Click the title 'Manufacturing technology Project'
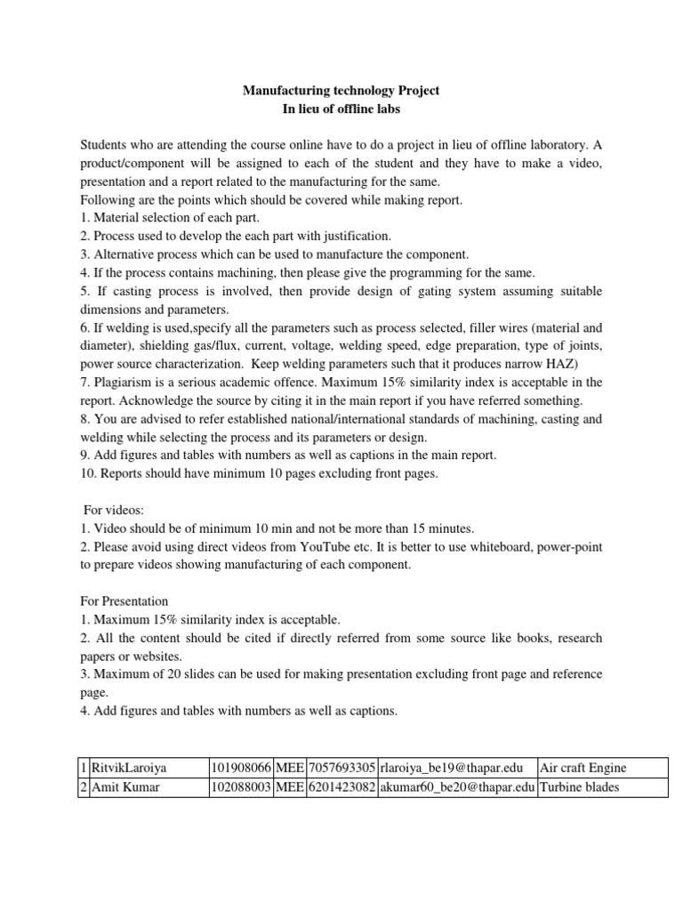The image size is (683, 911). point(341,91)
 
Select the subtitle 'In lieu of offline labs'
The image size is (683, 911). point(341,109)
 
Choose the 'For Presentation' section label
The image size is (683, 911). point(126,601)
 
